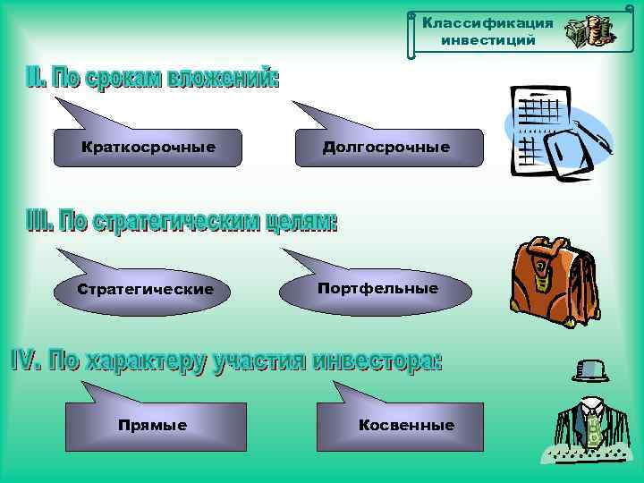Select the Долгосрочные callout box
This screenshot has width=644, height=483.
click(x=386, y=148)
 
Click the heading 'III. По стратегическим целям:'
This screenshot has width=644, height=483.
click(x=179, y=223)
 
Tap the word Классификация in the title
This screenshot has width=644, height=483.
click(x=488, y=22)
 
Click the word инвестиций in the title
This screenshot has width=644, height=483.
click(x=488, y=40)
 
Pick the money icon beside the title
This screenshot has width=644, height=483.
click(x=589, y=33)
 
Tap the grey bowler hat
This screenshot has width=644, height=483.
click(x=591, y=370)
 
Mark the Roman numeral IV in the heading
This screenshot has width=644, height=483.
click(x=25, y=360)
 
